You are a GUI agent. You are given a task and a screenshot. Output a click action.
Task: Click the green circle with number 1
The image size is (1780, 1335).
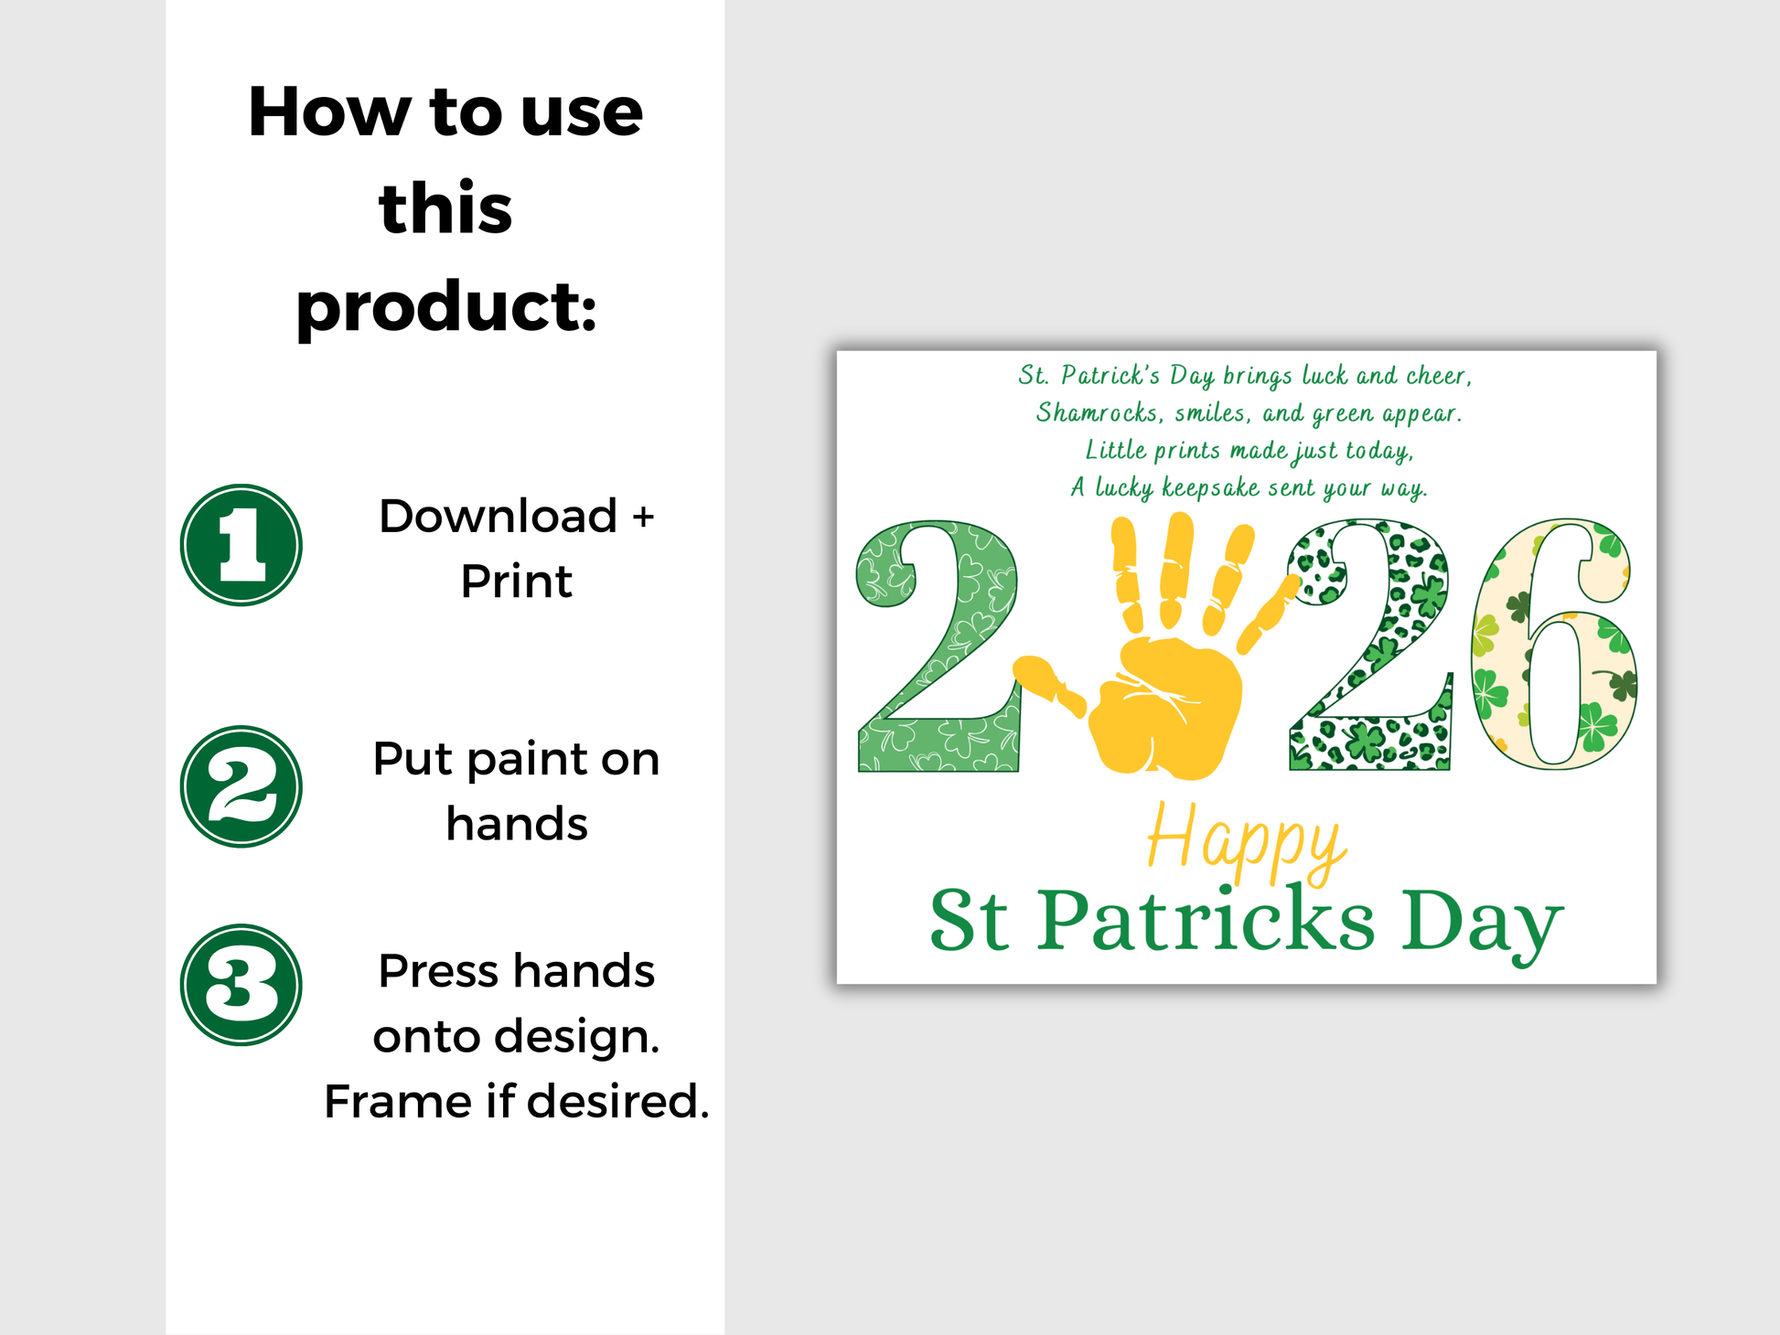point(241,545)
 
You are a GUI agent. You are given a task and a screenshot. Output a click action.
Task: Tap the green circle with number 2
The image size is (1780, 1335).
point(241,786)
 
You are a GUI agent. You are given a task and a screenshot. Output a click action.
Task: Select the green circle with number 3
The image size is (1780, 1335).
point(241,985)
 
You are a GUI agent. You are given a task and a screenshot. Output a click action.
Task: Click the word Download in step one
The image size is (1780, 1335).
point(499,516)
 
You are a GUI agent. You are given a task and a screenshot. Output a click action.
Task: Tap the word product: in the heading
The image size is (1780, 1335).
point(446,307)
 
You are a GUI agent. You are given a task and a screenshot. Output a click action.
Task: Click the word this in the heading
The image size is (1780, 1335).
point(445,208)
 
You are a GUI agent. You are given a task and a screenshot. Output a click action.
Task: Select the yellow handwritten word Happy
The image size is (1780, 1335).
point(1246,841)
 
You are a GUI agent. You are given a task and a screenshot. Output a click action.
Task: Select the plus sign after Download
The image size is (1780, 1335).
point(644,518)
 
